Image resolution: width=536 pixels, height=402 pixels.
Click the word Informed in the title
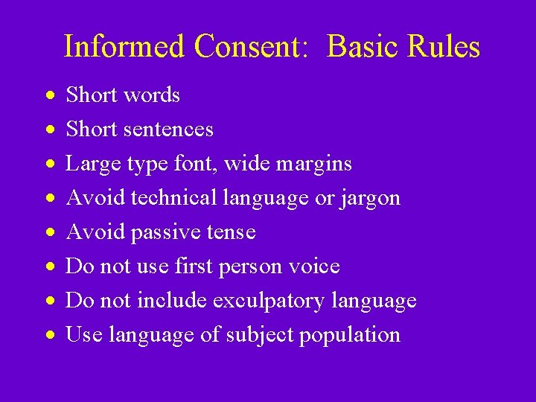(124, 46)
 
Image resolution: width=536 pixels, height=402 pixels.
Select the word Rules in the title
(446, 46)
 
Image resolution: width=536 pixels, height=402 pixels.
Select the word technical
(172, 198)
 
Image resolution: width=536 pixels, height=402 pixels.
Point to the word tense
(229, 232)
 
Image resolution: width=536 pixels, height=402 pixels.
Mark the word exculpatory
(269, 301)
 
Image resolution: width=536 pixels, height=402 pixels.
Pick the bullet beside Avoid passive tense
(49, 233)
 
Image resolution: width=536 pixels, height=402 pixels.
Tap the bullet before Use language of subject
(49, 336)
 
